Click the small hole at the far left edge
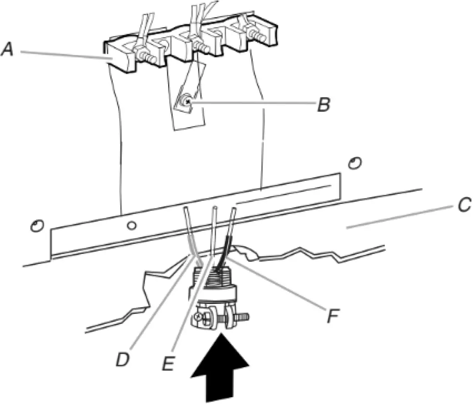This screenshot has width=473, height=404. click(x=35, y=226)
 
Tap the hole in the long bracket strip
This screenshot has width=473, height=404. click(x=131, y=226)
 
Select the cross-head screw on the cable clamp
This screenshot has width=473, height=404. click(x=205, y=319)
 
